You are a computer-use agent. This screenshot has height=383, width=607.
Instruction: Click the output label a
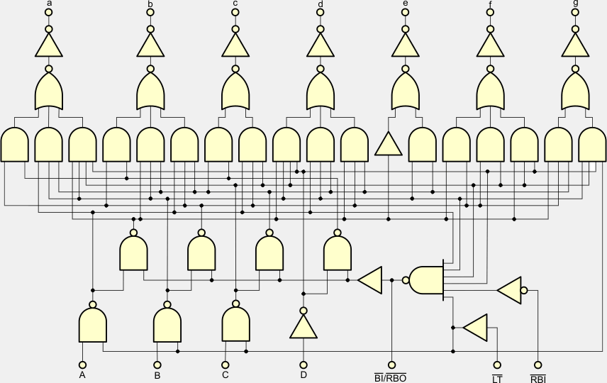(x=49, y=4)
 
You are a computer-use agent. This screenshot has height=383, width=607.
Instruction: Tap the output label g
(x=575, y=4)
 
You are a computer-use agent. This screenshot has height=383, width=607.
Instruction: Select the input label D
(x=303, y=374)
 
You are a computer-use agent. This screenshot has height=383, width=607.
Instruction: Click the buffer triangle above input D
(x=303, y=326)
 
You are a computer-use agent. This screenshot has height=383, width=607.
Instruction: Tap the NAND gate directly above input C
(x=236, y=323)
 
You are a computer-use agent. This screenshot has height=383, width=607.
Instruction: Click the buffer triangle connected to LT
(x=476, y=328)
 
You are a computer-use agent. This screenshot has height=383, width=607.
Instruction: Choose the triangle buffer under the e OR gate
(x=388, y=144)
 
